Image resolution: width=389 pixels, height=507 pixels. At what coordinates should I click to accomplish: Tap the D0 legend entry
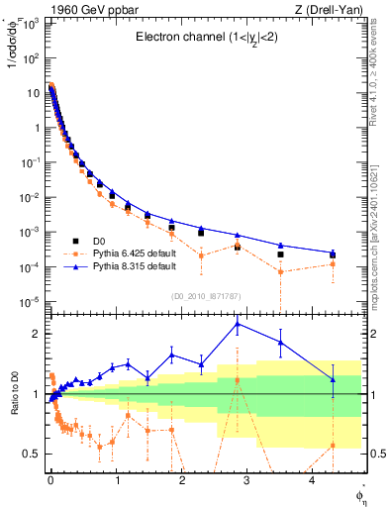click(102, 240)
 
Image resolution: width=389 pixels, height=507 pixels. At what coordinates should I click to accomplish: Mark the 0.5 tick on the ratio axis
click(30, 454)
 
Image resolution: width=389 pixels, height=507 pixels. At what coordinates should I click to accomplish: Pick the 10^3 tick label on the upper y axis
click(29, 23)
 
